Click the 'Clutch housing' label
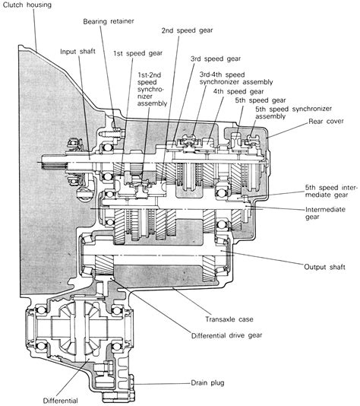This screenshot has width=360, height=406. tap(27, 5)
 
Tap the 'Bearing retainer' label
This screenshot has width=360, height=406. tap(109, 21)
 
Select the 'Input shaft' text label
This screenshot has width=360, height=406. tap(77, 52)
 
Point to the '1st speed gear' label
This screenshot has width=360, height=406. tap(137, 53)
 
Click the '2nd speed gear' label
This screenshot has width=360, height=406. tap(187, 30)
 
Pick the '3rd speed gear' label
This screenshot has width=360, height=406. tap(216, 59)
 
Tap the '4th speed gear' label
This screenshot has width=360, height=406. tap(238, 92)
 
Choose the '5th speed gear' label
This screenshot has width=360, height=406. tap(261, 100)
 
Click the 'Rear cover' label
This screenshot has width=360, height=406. tap(326, 121)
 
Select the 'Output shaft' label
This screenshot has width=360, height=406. tap(324, 267)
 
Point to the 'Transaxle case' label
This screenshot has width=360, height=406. tap(229, 319)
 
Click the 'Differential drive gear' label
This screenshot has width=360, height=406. tap(226, 335)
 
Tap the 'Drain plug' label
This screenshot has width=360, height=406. tap(207, 382)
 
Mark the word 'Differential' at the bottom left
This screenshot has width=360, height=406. tap(60, 401)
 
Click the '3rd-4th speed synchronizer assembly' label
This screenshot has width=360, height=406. tap(236, 78)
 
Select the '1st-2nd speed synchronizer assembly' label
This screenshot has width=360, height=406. tap(152, 89)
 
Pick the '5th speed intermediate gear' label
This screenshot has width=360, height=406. tap(331, 191)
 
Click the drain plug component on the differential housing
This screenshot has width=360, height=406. tap(132, 383)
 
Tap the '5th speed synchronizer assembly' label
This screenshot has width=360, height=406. tap(293, 113)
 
